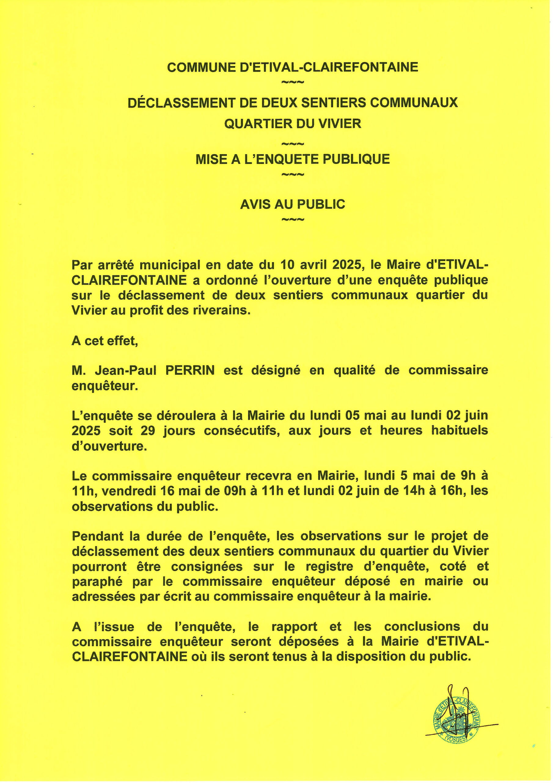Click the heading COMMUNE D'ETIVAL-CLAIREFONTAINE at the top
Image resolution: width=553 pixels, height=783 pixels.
[x=292, y=67]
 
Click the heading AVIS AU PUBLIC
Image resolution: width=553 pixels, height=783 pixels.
[x=292, y=204]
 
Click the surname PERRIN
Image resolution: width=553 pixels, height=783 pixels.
[x=190, y=371]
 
